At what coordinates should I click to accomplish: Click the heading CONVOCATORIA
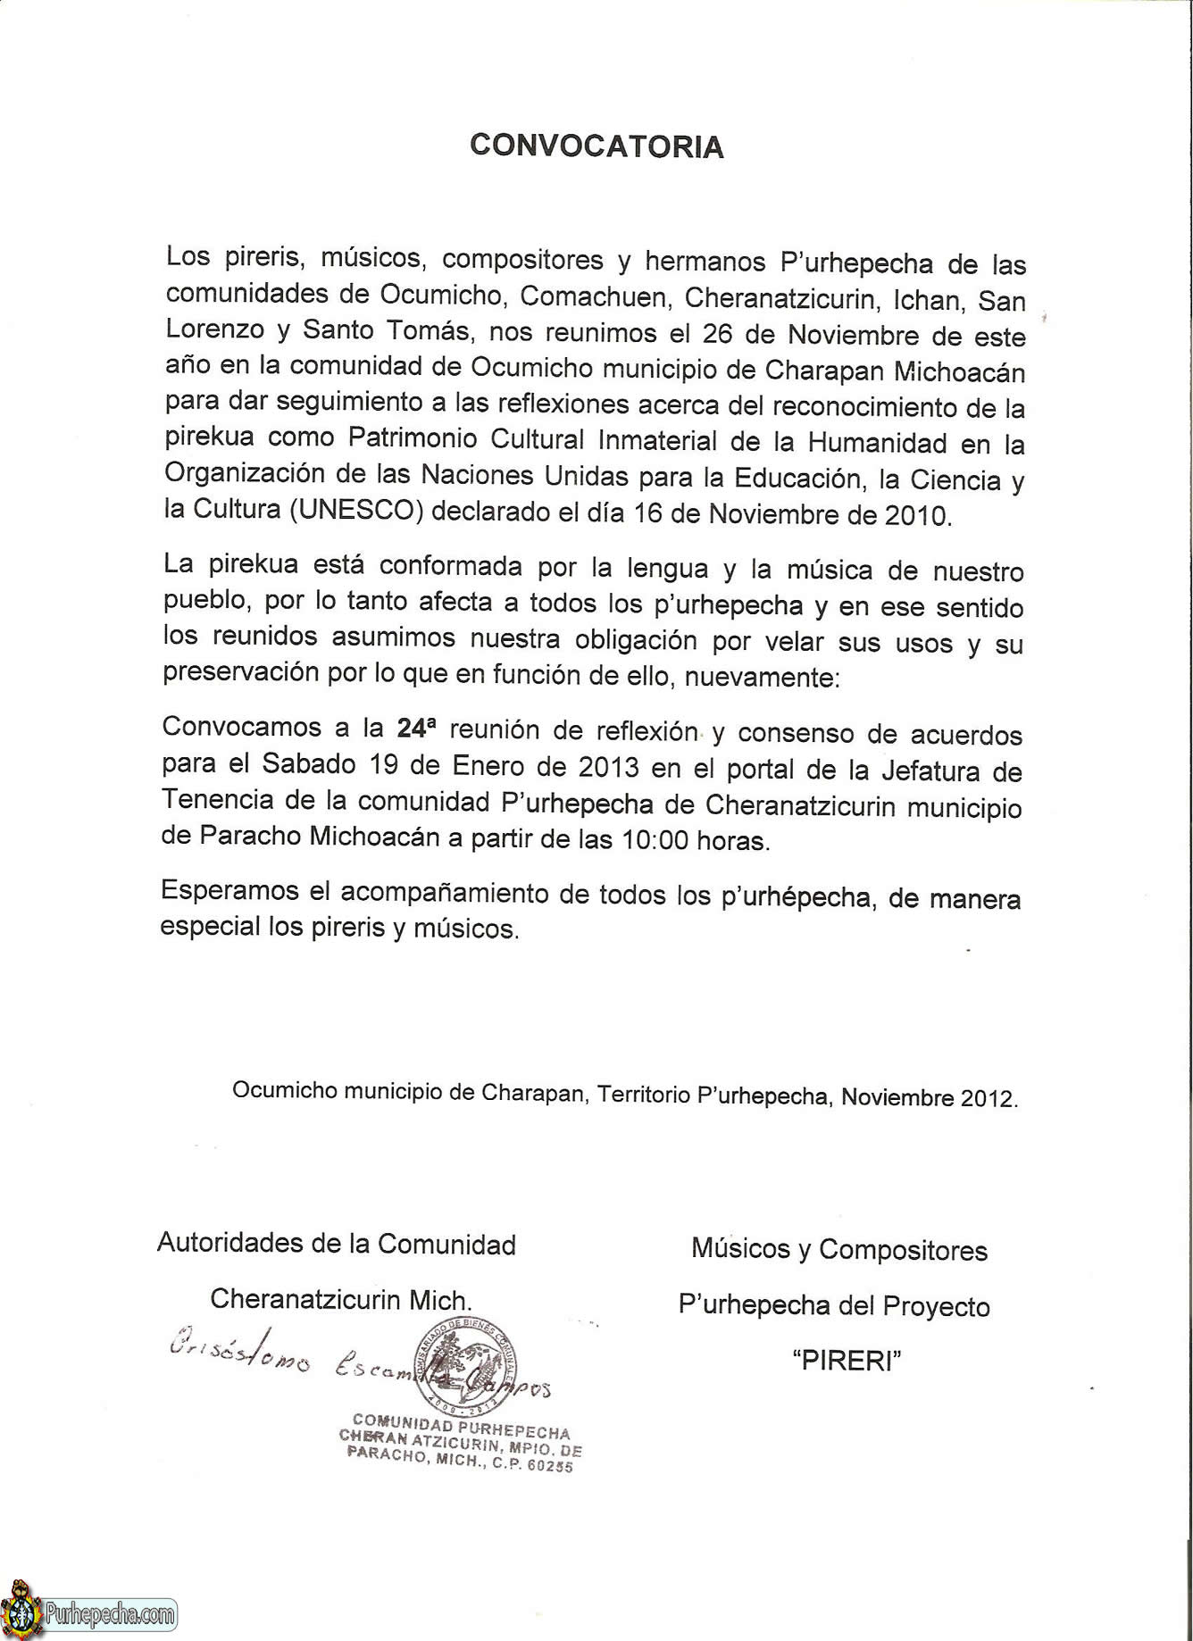pyautogui.click(x=596, y=146)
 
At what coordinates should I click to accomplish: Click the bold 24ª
pyautogui.click(x=417, y=728)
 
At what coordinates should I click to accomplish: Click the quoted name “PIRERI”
pyautogui.click(x=847, y=1362)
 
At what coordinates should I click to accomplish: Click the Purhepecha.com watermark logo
pyautogui.click(x=89, y=1612)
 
